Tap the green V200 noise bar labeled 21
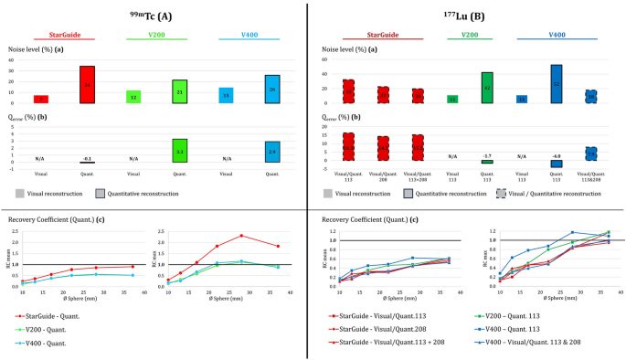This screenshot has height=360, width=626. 180,91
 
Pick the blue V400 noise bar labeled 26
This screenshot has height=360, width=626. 272,89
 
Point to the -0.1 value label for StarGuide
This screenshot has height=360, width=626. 87,158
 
